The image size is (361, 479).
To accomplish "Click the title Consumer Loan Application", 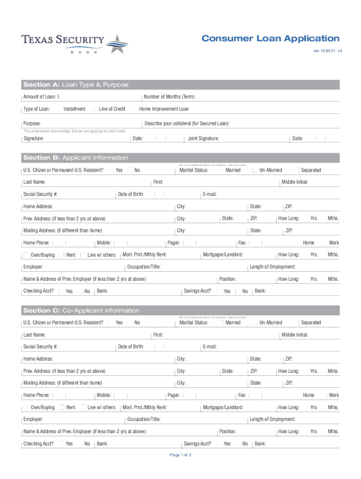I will click(271, 38).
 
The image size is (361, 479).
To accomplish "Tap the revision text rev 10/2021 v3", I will click(328, 50).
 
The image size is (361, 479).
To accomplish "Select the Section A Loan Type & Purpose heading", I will click(76, 85).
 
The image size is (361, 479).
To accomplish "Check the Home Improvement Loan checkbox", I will click(133, 109).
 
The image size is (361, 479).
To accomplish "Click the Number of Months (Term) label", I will click(169, 97).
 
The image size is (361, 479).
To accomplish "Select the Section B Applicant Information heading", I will click(75, 158).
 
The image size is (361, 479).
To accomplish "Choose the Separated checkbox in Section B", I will click(296, 170).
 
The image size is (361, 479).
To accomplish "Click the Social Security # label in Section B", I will click(40, 194).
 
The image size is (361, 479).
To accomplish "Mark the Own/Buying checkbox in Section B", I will click(27, 255).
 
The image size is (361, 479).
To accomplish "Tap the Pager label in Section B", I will click(174, 243).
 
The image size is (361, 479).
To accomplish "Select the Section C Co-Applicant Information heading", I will click(82, 311).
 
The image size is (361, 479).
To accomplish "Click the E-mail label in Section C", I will click(210, 347).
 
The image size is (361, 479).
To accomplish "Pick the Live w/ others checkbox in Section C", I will click(83, 407).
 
